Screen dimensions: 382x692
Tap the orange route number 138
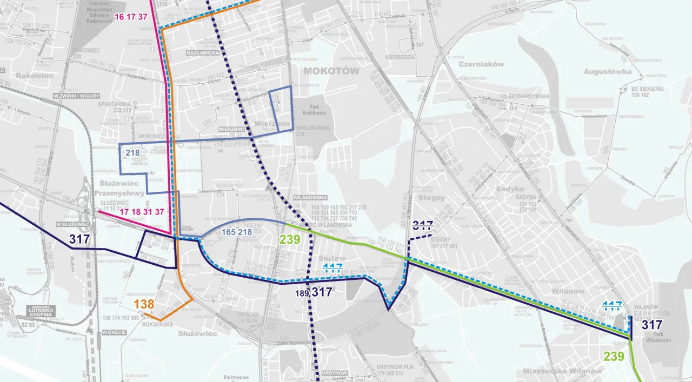pyautogui.click(x=144, y=304)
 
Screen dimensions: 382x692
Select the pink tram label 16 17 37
pyautogui.click(x=131, y=17)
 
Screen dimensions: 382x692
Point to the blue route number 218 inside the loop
pyautogui.click(x=133, y=153)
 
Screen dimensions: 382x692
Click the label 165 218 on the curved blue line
pyautogui.click(x=237, y=232)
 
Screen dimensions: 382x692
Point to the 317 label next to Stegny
pyautogui.click(x=423, y=224)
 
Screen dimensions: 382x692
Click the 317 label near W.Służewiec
pyautogui.click(x=80, y=239)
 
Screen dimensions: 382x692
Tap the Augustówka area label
pyautogui.click(x=608, y=71)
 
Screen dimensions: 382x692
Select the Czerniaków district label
pyautogui.click(x=481, y=64)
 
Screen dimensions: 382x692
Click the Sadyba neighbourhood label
pyautogui.click(x=510, y=189)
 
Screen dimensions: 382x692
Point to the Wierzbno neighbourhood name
pyautogui.click(x=272, y=124)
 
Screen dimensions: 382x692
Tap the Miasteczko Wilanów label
pyautogui.click(x=562, y=371)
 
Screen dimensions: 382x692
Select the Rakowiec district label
pyautogui.click(x=35, y=76)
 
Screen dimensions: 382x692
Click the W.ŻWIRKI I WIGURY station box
pyautogui.click(x=76, y=96)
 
